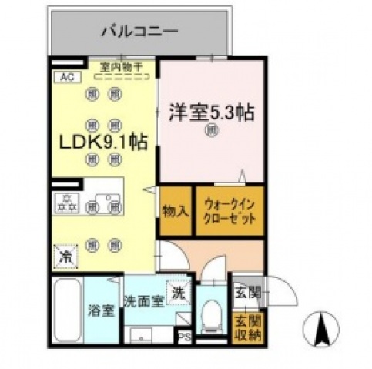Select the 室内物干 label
point(122,68)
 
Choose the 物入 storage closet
point(175,210)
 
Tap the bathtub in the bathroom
point(69,311)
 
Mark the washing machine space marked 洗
point(178,293)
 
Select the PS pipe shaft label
point(185,337)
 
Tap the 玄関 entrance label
point(246,292)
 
